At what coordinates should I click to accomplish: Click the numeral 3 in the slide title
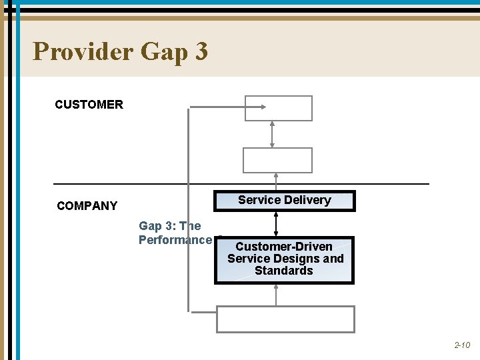click(199, 51)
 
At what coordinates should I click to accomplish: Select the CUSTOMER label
click(89, 105)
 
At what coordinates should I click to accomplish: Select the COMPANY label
click(87, 206)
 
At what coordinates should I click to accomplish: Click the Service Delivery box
click(284, 201)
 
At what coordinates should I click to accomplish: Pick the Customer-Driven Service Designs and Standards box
click(284, 259)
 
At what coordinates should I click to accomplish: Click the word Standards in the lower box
click(284, 271)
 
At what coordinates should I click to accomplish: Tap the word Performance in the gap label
click(175, 240)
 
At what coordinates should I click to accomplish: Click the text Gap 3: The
click(169, 227)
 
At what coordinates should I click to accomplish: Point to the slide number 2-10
click(462, 345)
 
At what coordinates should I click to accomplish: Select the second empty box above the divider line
click(277, 160)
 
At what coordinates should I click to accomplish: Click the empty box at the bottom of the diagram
click(285, 319)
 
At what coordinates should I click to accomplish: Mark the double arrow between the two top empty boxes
click(272, 134)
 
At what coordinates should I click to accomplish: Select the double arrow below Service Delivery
click(276, 223)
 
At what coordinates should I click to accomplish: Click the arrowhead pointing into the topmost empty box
click(264, 107)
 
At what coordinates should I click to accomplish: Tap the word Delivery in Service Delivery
click(307, 200)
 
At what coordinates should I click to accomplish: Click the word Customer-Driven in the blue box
click(284, 247)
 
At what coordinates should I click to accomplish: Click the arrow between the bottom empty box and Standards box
click(276, 295)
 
